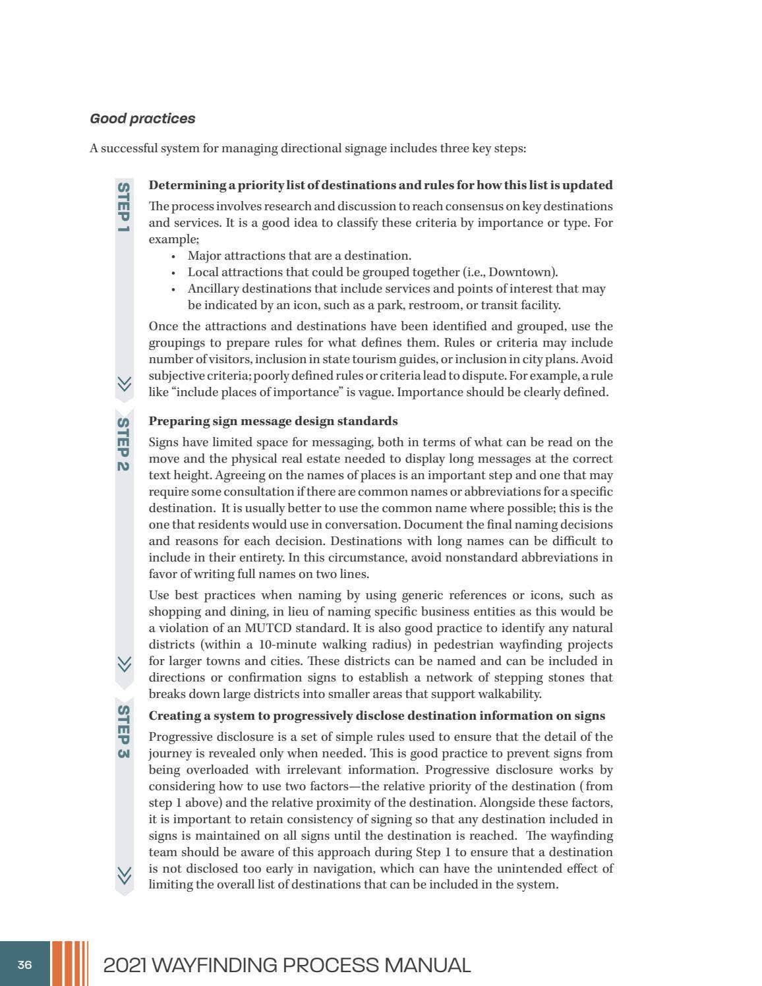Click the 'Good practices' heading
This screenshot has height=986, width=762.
click(x=142, y=119)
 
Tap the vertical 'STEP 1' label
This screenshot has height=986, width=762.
click(x=123, y=207)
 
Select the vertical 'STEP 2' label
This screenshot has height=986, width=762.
click(x=123, y=444)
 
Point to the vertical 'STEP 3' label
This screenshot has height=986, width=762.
click(x=123, y=731)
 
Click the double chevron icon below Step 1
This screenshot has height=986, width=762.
click(x=124, y=384)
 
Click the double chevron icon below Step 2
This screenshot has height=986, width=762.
click(x=124, y=664)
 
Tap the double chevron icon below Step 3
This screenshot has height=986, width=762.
click(x=124, y=875)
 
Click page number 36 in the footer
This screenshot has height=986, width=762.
click(x=24, y=965)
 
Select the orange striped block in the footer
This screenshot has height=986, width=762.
click(x=69, y=964)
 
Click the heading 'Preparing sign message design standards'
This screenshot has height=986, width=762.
click(x=273, y=421)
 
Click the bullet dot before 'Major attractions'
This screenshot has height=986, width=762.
click(x=173, y=256)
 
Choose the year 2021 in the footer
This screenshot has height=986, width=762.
click(x=125, y=966)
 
